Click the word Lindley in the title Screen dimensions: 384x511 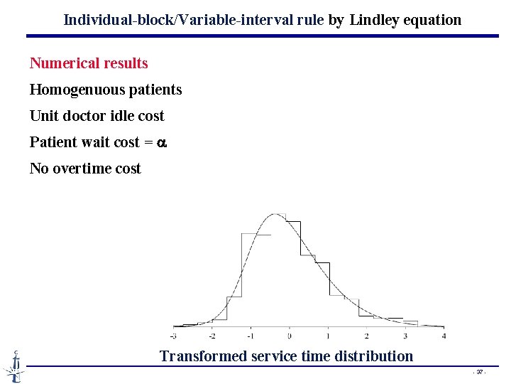(x=375, y=20)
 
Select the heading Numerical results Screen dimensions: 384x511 (x=89, y=63)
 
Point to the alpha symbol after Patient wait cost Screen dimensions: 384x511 (x=161, y=143)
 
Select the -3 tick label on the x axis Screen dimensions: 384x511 (x=174, y=336)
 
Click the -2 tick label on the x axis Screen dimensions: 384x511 (x=212, y=336)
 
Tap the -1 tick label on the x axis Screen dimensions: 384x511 (x=251, y=336)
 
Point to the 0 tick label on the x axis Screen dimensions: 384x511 (x=290, y=336)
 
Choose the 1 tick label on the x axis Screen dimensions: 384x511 (x=328, y=336)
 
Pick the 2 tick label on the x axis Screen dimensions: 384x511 (x=366, y=336)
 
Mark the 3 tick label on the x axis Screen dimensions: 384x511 (x=405, y=336)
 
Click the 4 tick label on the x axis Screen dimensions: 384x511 (x=444, y=336)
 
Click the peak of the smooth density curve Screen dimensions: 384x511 (x=275, y=214)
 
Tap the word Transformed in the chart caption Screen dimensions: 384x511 (x=204, y=356)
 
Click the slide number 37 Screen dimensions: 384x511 (x=480, y=372)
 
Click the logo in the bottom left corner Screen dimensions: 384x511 (x=13, y=366)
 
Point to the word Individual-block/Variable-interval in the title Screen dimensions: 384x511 (x=164, y=20)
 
